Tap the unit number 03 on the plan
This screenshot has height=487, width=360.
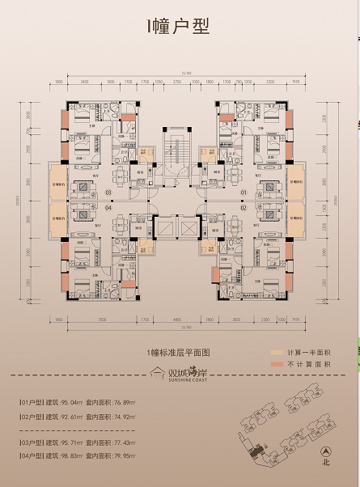coord(108,193)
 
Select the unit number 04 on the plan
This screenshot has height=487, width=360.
coord(108,207)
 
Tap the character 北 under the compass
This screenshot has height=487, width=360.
coord(326,467)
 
